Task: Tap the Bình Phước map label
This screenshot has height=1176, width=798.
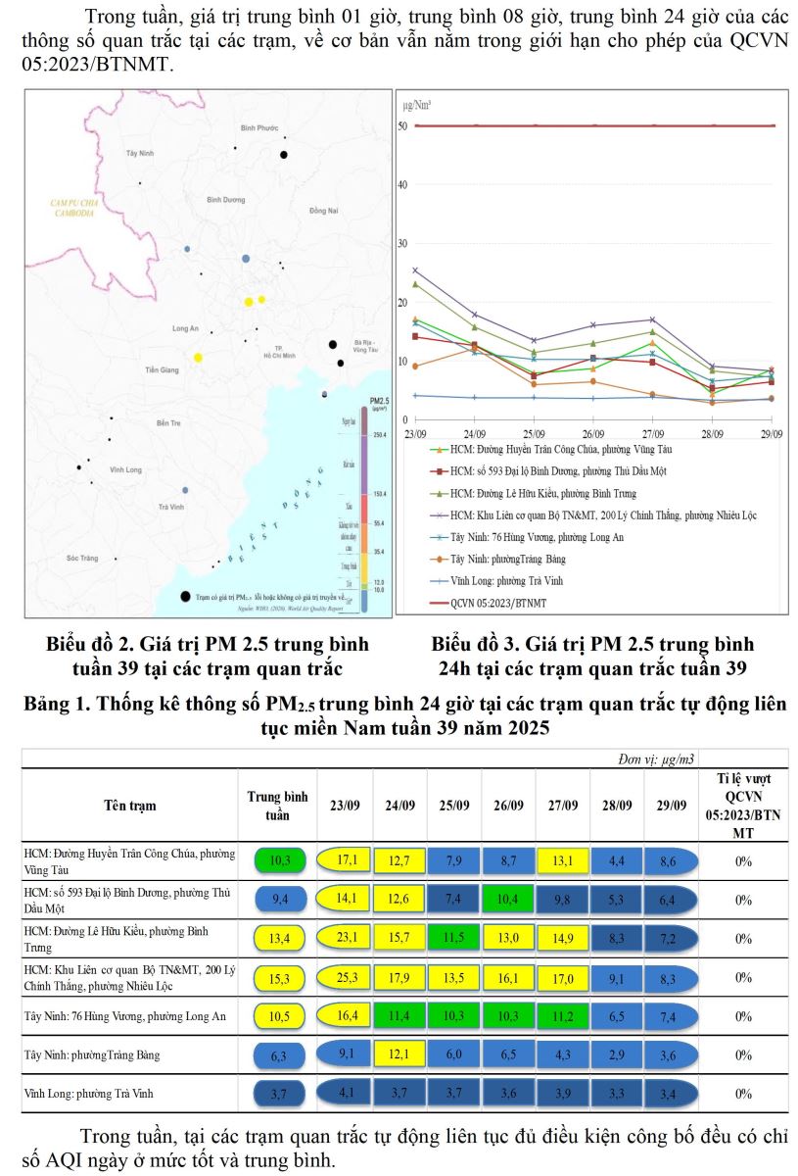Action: [259, 128]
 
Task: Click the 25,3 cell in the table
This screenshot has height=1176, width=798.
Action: [344, 977]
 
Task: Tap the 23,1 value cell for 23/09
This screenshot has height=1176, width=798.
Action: [344, 938]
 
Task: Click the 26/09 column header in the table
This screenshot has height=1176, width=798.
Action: [509, 806]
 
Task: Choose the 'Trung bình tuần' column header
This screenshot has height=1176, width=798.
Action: [276, 806]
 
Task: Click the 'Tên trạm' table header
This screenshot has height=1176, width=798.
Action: [130, 806]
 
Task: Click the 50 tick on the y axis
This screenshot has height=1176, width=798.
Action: [402, 126]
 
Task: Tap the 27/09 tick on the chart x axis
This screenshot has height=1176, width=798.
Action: [653, 432]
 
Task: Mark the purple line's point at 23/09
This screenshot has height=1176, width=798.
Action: [415, 270]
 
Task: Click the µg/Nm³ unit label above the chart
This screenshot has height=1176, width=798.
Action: [417, 104]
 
